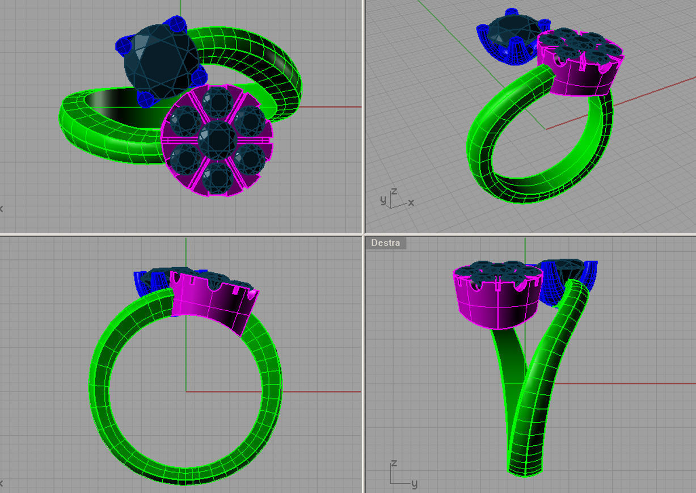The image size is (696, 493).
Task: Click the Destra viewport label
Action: click(x=386, y=243)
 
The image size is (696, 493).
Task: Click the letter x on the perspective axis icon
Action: click(x=411, y=203)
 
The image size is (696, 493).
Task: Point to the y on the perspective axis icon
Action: click(x=383, y=200)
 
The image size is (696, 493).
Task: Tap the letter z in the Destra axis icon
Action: click(x=393, y=463)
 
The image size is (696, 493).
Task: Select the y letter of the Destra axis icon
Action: click(x=414, y=483)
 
